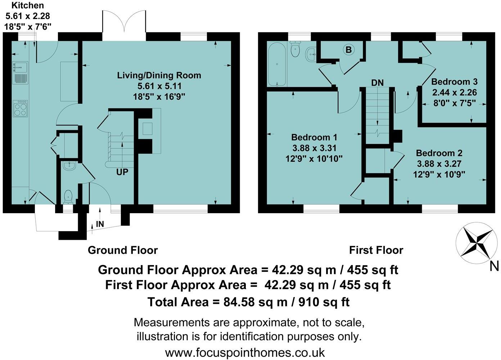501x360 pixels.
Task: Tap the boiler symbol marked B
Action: (x=348, y=50)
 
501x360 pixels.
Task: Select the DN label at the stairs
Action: (x=378, y=82)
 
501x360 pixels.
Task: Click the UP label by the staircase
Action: (x=122, y=172)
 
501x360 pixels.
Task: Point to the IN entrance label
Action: (x=100, y=224)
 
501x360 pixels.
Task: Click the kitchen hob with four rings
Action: (x=21, y=108)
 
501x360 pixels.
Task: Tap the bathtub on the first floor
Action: (x=276, y=64)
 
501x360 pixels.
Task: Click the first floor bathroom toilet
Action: (x=295, y=50)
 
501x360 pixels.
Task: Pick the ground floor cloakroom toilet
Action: (x=68, y=196)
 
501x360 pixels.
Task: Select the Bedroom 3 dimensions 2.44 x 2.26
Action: (x=454, y=93)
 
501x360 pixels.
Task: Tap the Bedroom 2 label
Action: (x=439, y=153)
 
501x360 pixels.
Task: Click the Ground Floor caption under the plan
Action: (x=122, y=250)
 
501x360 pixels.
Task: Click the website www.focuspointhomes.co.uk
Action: (x=245, y=352)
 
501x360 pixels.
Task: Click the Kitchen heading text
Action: (x=28, y=5)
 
